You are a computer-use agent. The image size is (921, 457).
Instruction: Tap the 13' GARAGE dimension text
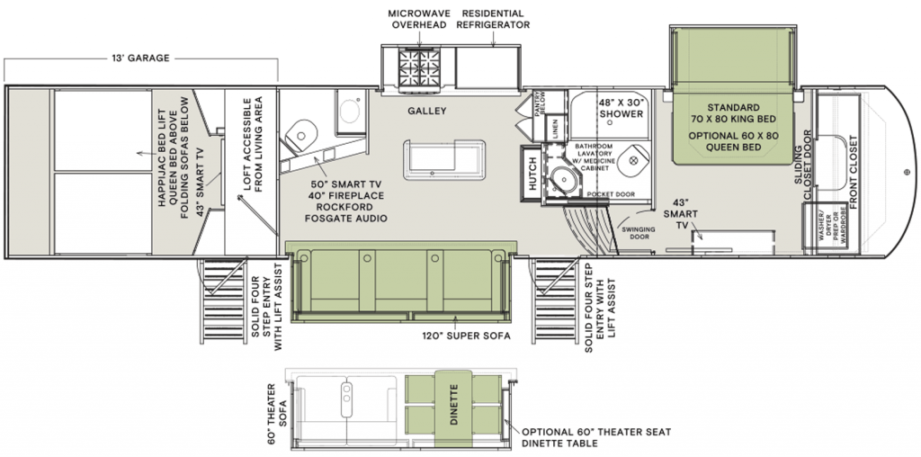pos(141,58)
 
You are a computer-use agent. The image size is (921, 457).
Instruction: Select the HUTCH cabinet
pos(531,175)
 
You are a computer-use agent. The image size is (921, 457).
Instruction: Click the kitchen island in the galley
pos(444,159)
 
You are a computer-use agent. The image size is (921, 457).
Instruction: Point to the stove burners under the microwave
pos(419,67)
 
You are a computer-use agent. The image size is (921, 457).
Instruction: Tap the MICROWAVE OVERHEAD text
pos(419,20)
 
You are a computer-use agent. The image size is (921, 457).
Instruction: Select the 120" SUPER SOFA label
pos(467,336)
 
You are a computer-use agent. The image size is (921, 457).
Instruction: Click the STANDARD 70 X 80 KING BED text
pos(734,113)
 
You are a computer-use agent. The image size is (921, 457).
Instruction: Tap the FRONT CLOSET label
pos(853,173)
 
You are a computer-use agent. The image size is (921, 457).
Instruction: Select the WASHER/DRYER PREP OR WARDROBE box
pos(824,228)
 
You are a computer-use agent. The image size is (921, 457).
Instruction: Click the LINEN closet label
pos(555,130)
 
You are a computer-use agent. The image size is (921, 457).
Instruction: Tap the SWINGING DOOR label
pos(639,233)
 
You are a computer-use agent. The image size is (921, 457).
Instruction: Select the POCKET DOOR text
pos(611,193)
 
